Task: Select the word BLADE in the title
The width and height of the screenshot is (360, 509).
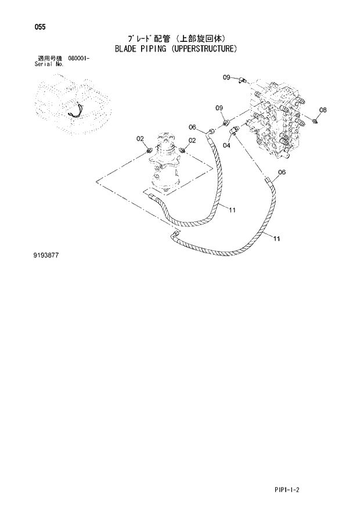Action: (124, 49)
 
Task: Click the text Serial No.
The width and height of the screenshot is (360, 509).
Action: (49, 64)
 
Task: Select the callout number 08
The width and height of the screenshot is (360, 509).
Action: (323, 110)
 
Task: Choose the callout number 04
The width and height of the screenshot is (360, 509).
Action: (226, 146)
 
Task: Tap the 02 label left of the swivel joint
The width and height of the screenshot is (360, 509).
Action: (140, 138)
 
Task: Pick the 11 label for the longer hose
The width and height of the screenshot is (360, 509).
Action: (276, 238)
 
